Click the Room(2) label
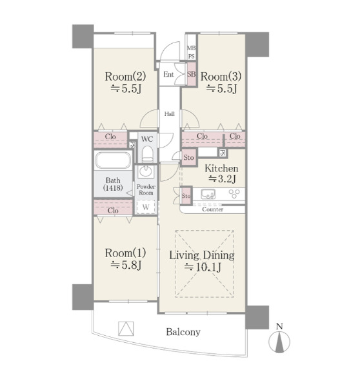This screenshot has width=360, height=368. click(x=125, y=77)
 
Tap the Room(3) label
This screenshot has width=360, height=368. click(x=221, y=77)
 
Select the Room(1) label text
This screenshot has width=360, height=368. click(x=125, y=253)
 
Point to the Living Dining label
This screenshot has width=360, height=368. click(x=202, y=255)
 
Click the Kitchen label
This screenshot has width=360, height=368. click(x=221, y=168)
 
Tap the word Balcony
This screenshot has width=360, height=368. click(x=183, y=332)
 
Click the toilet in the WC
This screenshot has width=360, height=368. click(x=147, y=154)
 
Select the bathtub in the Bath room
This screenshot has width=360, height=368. click(x=113, y=160)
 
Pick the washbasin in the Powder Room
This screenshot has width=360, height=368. click(x=146, y=171)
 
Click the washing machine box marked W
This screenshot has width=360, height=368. click(x=146, y=207)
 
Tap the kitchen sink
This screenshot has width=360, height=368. click(x=208, y=195)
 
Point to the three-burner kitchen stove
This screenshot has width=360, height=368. click(x=234, y=194)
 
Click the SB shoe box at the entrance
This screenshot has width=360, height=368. click(x=192, y=74)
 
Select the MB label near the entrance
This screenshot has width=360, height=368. click(x=191, y=48)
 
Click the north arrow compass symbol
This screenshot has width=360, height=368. click(x=279, y=341)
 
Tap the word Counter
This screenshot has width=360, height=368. click(x=213, y=209)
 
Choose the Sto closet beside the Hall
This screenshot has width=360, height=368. click(x=189, y=157)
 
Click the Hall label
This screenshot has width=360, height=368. click(x=170, y=114)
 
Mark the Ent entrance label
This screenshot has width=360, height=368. click(x=168, y=74)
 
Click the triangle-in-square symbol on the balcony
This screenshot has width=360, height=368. click(x=126, y=329)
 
